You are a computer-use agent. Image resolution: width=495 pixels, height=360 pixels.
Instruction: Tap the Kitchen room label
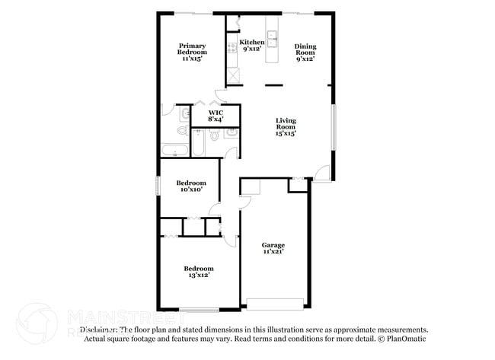[251, 42]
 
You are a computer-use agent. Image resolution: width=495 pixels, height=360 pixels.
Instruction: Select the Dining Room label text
[305, 50]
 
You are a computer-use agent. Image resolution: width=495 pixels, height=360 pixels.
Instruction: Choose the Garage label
[273, 245]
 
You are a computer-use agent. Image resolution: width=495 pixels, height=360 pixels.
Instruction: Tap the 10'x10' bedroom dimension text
[191, 190]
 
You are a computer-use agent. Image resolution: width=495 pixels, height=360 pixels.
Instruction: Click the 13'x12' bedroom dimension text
[198, 275]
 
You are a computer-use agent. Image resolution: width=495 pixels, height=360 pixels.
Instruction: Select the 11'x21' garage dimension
[273, 252]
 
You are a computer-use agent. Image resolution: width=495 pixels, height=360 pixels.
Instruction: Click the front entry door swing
[323, 172]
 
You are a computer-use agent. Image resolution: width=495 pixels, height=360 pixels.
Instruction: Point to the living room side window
[334, 126]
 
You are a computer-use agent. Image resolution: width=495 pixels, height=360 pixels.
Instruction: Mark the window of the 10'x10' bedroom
[158, 186]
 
